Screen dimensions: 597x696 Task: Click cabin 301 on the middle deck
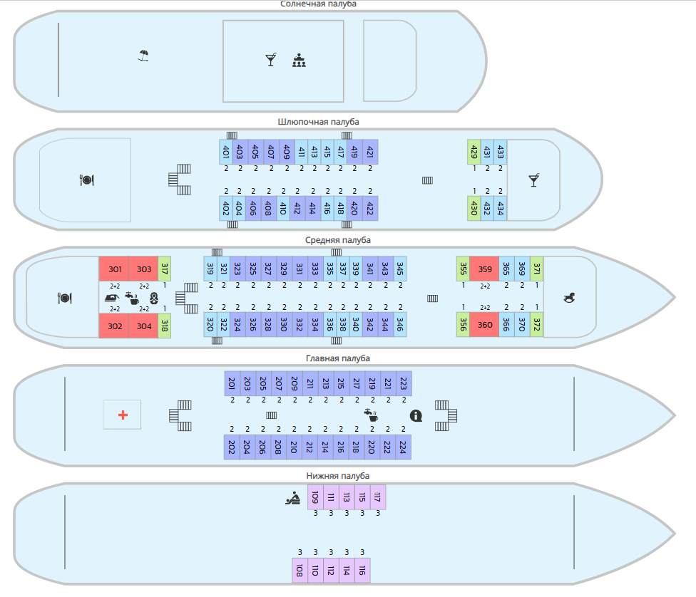click(x=114, y=269)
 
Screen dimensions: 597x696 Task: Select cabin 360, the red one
click(x=485, y=325)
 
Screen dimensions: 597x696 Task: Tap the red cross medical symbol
click(x=123, y=415)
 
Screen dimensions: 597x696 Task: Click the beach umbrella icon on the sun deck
click(x=144, y=55)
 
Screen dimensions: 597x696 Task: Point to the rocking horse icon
click(x=570, y=297)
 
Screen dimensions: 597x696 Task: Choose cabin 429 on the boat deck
click(x=474, y=152)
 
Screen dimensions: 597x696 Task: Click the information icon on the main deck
click(x=416, y=415)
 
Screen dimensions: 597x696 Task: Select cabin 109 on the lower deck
click(x=314, y=497)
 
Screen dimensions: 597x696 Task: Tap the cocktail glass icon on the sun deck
click(x=270, y=60)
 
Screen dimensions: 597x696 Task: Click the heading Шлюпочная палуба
click(x=319, y=122)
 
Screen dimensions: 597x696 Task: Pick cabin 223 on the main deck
click(x=404, y=383)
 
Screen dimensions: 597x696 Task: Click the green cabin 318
click(x=165, y=325)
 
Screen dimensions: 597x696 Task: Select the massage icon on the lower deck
click(x=292, y=499)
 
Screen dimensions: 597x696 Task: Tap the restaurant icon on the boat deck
click(x=86, y=180)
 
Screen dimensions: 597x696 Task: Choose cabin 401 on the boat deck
click(x=226, y=152)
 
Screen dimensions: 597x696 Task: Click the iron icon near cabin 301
click(x=112, y=298)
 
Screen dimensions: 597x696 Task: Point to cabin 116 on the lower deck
click(x=362, y=570)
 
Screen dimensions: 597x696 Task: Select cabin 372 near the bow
click(x=536, y=325)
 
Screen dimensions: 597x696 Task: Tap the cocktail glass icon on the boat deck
click(x=533, y=180)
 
